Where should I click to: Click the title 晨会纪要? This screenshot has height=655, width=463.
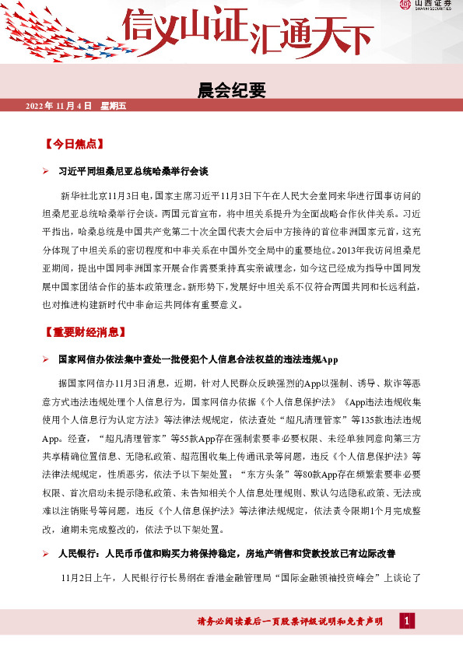pos(233,91)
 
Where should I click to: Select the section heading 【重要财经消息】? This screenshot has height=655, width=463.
pos(85,333)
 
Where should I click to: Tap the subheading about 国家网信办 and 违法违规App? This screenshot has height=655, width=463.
pos(198,359)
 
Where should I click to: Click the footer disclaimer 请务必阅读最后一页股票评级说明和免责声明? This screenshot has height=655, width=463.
pos(291,621)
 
